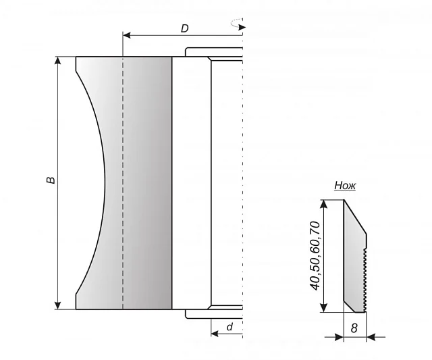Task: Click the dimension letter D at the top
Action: (x=184, y=28)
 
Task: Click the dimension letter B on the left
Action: (x=51, y=180)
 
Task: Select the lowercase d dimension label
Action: (x=230, y=327)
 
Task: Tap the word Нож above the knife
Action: (x=345, y=186)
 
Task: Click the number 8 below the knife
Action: (x=354, y=328)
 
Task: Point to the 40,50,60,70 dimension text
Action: (x=316, y=255)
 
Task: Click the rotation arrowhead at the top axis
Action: (x=242, y=27)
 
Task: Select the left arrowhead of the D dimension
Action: (x=127, y=35)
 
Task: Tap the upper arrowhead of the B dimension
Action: (x=58, y=60)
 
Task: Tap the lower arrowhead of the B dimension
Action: (x=58, y=305)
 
